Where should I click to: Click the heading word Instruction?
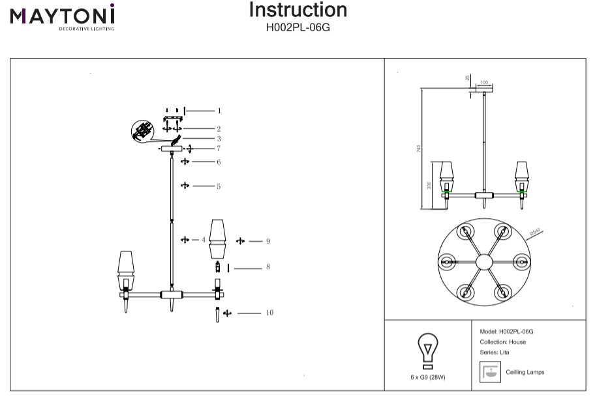pos(298,10)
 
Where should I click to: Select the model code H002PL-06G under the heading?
pos(298,27)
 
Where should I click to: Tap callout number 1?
pos(219,111)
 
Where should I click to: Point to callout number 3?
pos(219,139)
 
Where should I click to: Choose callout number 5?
pos(219,186)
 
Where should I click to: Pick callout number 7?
pos(219,149)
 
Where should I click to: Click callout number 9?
pos(268,241)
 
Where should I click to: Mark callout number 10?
pos(269,313)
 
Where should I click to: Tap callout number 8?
pos(268,266)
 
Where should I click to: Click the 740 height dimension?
pos(418,149)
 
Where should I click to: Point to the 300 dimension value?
pos(429,185)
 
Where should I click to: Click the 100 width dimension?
pos(483,83)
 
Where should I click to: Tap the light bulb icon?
pos(427,352)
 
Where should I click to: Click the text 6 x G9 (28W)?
pos(427,377)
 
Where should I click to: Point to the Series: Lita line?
pos(495,352)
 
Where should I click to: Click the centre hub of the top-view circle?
pos(483,261)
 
